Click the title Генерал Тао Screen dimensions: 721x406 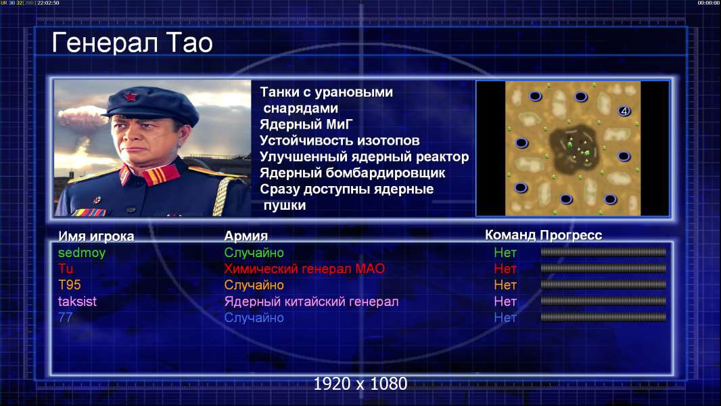tap(133, 43)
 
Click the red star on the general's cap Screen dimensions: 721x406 tap(131, 97)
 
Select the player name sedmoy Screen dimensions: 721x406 tap(82, 252)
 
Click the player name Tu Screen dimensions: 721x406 tap(66, 269)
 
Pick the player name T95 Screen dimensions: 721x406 tap(70, 285)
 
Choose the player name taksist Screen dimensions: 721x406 tap(77, 302)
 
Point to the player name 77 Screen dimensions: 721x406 tap(66, 318)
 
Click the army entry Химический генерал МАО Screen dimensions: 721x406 tap(304, 269)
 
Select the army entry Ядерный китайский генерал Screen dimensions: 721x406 tap(311, 302)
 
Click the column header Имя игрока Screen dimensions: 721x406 tap(96, 236)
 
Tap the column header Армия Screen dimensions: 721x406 tap(246, 236)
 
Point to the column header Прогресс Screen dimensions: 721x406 tap(571, 235)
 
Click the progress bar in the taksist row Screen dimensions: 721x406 tap(603, 301)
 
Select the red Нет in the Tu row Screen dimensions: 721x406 tap(505, 269)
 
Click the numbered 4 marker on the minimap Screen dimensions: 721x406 tap(624, 111)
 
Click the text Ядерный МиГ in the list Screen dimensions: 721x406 tap(306, 124)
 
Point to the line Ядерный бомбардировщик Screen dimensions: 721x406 tap(352, 173)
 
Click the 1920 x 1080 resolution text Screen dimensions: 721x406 tap(360, 384)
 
